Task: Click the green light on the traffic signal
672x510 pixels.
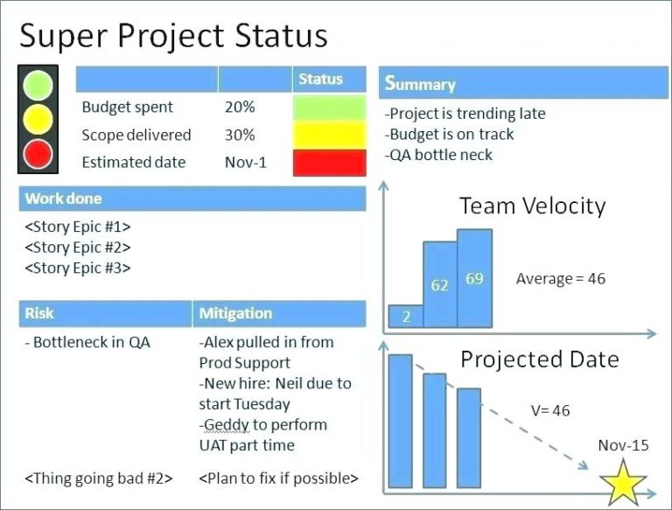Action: coord(38,86)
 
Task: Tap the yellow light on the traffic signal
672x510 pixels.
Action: coord(38,119)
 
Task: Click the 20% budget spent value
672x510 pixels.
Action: coord(240,108)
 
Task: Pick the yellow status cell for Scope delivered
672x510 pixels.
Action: coord(329,136)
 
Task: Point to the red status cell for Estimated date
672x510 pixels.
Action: coord(329,163)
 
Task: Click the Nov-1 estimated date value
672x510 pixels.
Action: coord(245,162)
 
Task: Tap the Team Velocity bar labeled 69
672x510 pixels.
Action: coord(474,279)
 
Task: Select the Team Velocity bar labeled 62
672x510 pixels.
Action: coord(439,285)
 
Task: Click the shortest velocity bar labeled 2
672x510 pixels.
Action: coord(406,317)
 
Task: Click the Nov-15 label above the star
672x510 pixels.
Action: coord(623,445)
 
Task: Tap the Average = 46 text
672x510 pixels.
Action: coord(560,279)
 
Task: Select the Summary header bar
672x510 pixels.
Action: coord(523,84)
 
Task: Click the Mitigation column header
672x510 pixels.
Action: coord(278,313)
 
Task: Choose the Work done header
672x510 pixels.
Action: coord(192,199)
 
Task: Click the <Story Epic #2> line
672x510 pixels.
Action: coord(78,248)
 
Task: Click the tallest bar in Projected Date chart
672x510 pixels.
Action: coord(401,420)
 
